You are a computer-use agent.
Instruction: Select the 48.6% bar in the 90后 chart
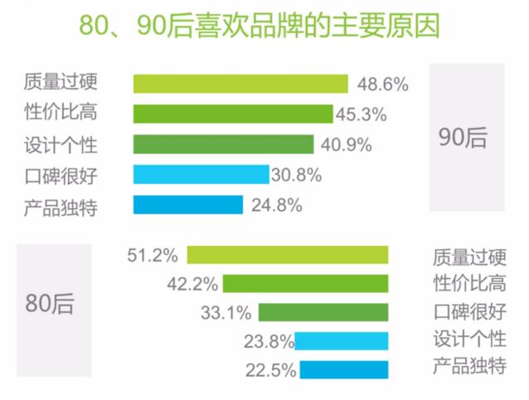tap(240, 84)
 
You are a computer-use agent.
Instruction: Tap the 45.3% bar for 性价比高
tap(232, 114)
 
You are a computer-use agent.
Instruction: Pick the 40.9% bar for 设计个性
tap(223, 144)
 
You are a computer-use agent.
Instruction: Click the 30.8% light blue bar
tap(201, 174)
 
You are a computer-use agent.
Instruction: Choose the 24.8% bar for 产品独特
tap(187, 205)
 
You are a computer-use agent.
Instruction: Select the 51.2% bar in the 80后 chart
tap(287, 254)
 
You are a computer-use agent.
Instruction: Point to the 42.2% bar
tap(305, 284)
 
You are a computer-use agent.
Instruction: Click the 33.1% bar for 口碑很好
tap(323, 312)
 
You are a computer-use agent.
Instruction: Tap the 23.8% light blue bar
tap(342, 340)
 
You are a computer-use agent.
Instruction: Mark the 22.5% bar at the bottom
tap(344, 369)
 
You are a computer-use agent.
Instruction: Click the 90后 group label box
tap(467, 137)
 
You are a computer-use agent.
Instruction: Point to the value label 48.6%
tap(382, 84)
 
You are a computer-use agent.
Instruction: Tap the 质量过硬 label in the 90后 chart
tap(61, 83)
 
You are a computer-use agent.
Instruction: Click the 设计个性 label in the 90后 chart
tap(61, 145)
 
